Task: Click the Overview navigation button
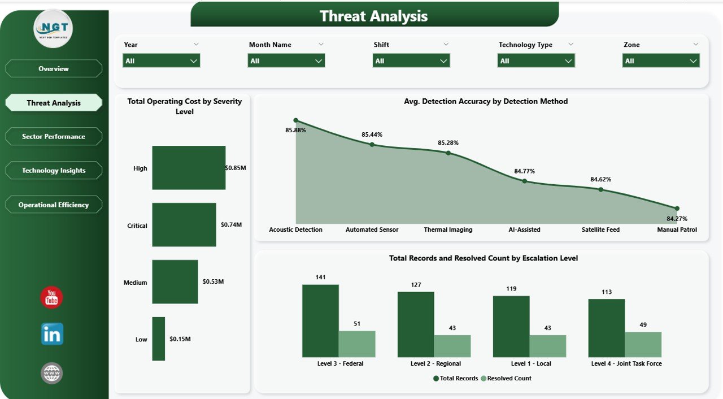(54, 69)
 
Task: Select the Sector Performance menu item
(54, 137)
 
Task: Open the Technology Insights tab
(54, 171)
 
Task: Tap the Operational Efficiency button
(54, 205)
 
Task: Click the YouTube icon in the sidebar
(51, 297)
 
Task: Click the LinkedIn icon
(52, 334)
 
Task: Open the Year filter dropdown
(162, 61)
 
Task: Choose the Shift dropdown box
(411, 61)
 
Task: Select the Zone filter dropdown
(661, 61)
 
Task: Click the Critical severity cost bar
(184, 225)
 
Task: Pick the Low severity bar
(158, 339)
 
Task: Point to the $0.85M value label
(236, 168)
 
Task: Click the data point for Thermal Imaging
(448, 153)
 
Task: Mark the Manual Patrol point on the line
(677, 209)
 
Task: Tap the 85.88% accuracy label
(296, 131)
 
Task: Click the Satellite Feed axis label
(600, 230)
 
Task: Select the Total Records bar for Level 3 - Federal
(320, 320)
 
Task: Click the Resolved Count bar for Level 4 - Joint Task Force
(643, 344)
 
